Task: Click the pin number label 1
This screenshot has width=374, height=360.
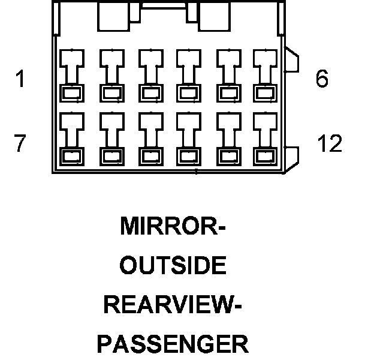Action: tap(20, 79)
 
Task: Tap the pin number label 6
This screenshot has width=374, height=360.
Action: tap(322, 79)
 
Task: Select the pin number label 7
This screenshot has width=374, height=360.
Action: tap(20, 143)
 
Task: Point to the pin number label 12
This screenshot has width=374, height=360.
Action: tap(329, 143)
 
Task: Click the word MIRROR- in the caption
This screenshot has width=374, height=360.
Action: tap(173, 226)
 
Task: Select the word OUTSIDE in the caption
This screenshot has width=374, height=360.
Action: tap(173, 266)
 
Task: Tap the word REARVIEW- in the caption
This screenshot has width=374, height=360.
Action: tap(173, 305)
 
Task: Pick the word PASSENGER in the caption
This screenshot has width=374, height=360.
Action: tap(173, 344)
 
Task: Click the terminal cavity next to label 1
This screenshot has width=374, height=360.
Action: tap(72, 75)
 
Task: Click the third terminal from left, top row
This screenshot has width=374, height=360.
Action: tap(149, 75)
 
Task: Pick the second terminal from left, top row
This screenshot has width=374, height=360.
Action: tap(111, 75)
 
